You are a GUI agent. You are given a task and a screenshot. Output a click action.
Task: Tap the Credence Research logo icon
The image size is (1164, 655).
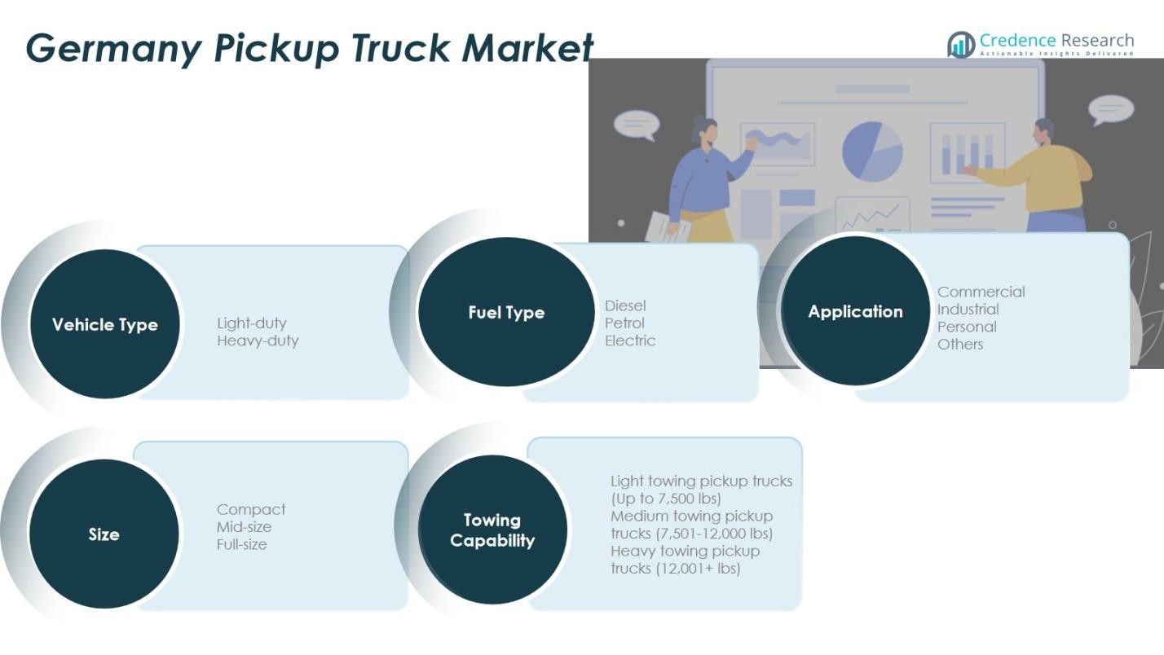[961, 45]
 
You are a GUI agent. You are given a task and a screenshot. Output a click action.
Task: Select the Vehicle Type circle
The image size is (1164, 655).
[104, 324]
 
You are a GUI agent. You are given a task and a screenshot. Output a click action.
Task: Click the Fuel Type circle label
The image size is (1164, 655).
[506, 312]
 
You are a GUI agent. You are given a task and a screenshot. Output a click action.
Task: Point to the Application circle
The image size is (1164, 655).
[855, 311]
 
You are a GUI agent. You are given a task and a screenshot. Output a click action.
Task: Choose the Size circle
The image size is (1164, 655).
[104, 534]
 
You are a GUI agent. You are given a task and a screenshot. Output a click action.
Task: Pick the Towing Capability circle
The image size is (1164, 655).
[492, 530]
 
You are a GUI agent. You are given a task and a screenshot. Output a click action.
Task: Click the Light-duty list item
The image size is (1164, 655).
[252, 323]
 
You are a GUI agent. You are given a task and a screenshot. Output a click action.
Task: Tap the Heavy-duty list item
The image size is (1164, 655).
[258, 341]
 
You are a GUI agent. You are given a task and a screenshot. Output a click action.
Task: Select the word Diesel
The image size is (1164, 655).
[625, 306]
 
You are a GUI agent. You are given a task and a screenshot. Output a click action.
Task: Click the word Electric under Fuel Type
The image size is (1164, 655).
[629, 341]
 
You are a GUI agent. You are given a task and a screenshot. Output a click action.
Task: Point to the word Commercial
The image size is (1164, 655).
[981, 292]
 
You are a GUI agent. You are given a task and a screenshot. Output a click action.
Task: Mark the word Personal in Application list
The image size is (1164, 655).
[967, 327]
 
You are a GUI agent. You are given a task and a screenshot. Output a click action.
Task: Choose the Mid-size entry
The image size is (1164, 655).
[244, 527]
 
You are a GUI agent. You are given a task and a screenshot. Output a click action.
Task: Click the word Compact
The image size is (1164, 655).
[251, 509]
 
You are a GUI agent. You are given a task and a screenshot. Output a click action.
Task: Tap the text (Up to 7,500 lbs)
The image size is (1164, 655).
[666, 499]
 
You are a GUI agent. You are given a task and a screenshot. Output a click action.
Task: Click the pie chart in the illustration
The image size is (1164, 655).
[872, 152]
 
